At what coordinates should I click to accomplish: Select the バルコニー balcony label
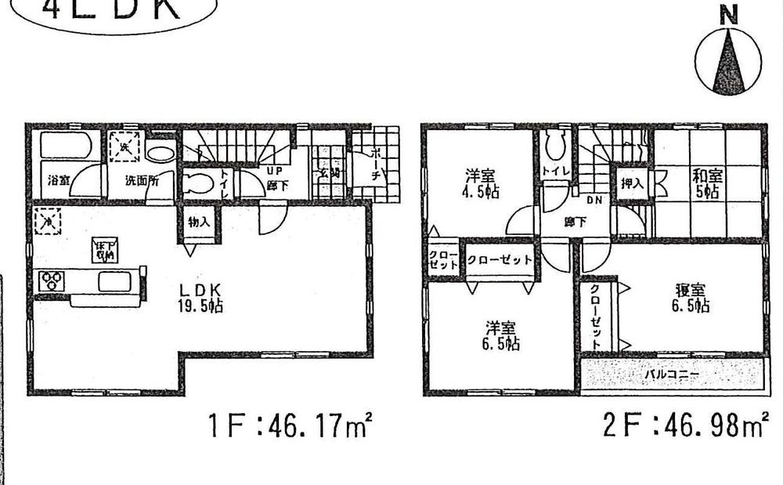672,375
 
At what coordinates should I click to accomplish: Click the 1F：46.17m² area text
289,428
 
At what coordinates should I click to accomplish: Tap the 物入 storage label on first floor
200,222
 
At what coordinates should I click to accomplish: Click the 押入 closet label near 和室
633,185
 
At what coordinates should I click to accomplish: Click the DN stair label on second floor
593,201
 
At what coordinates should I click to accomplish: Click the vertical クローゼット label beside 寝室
597,316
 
